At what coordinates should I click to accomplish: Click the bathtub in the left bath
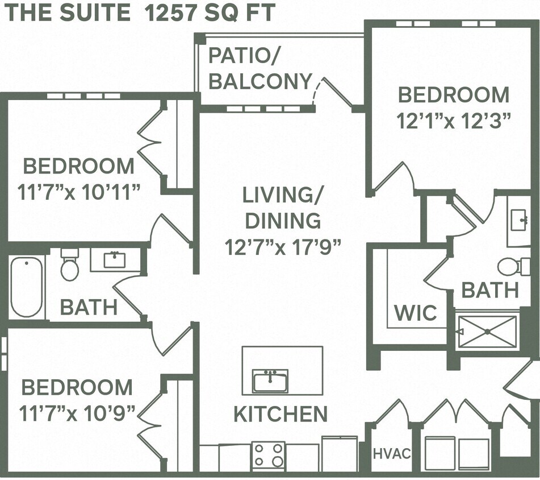[x=27, y=287]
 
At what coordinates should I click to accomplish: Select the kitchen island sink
[x=270, y=380]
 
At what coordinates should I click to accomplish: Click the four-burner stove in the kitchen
[x=268, y=455]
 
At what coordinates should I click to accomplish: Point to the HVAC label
[x=392, y=453]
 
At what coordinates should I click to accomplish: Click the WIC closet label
[x=416, y=312]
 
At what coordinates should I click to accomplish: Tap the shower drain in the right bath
[x=488, y=332]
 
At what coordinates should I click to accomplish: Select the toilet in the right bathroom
[x=511, y=266]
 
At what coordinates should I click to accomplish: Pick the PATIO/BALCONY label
[x=261, y=69]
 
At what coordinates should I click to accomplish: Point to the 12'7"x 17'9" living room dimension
[x=283, y=247]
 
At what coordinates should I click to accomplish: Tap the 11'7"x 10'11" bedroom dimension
[x=79, y=192]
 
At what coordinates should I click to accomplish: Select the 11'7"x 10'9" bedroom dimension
[x=78, y=411]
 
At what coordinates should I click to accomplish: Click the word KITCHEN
[x=281, y=414]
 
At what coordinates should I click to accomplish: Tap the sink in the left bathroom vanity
[x=115, y=260]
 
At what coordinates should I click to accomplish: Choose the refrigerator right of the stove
[x=340, y=454]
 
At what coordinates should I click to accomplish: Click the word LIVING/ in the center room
[x=282, y=195]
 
